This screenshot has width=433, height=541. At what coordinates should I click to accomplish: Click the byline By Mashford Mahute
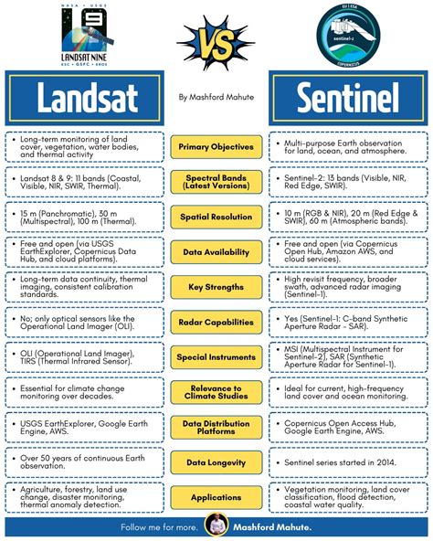[216, 97]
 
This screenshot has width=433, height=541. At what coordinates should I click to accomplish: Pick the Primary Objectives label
[216, 145]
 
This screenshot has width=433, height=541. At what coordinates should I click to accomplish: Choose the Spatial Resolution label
[216, 217]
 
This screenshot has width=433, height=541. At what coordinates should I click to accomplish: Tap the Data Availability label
[216, 251]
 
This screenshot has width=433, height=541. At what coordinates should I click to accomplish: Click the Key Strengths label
[216, 287]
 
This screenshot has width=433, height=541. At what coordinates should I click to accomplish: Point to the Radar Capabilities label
[216, 322]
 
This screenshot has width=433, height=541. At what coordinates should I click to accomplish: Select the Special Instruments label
[216, 357]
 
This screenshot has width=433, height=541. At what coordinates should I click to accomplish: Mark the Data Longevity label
[216, 462]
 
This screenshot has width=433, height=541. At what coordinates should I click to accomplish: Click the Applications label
[216, 498]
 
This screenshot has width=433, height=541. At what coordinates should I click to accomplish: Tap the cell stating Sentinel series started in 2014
[347, 462]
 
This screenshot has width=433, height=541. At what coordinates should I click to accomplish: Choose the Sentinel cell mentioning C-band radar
[347, 322]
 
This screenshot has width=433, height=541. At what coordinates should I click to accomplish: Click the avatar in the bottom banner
[216, 526]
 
